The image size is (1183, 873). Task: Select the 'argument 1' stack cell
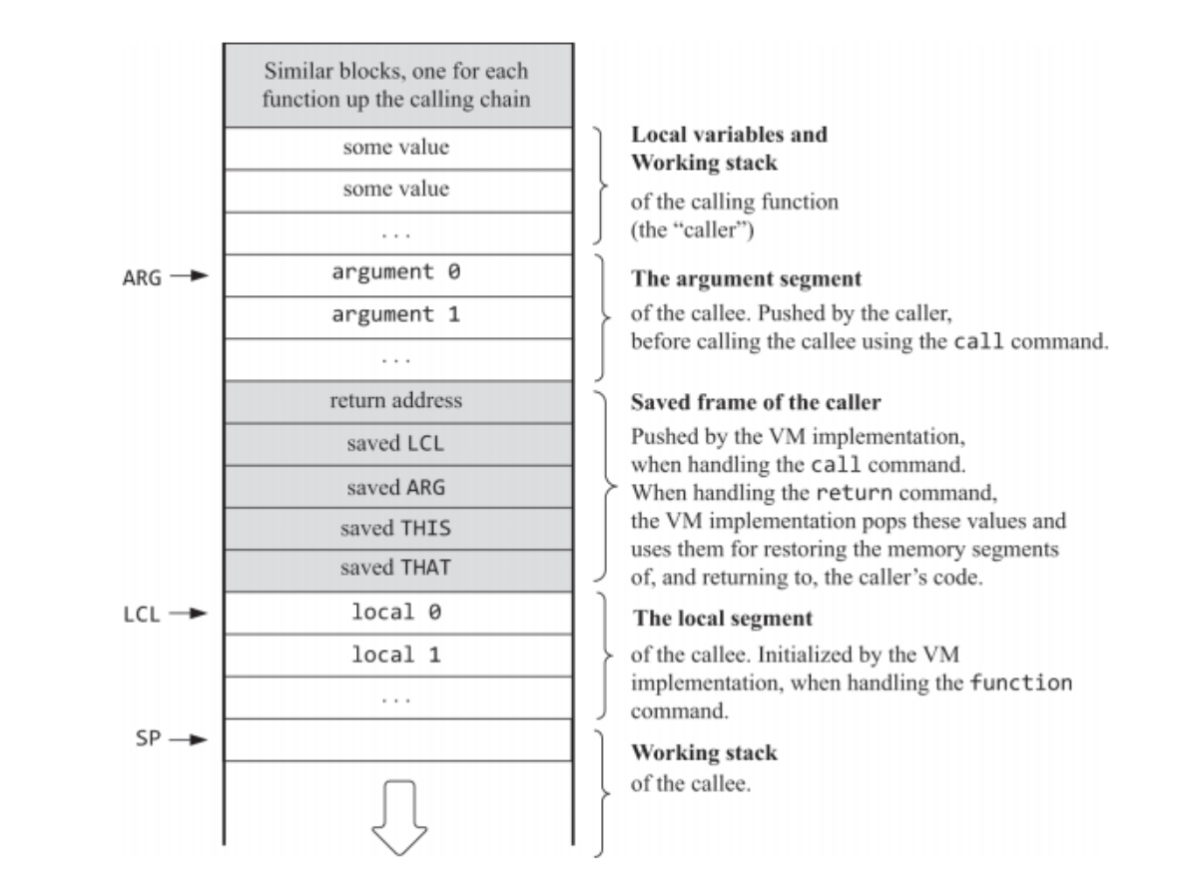[397, 316]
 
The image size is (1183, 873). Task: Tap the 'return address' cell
[397, 402]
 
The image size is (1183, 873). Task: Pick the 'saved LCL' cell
[397, 444]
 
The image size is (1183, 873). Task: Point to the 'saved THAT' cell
[397, 570]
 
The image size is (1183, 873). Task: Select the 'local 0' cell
[397, 613]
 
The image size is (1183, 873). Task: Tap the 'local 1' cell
[397, 655]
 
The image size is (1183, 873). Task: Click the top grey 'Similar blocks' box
[397, 86]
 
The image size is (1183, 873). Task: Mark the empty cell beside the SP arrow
[397, 739]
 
